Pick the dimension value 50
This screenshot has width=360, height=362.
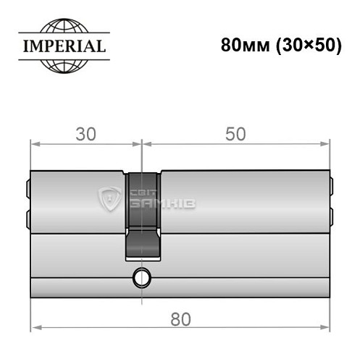pyautogui.click(x=235, y=134)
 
